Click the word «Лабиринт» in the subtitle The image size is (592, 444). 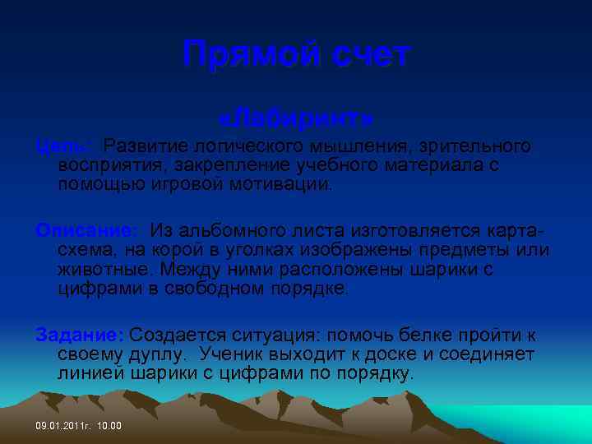299,119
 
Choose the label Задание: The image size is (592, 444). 80,335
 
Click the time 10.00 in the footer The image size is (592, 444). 109,426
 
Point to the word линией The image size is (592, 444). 91,374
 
